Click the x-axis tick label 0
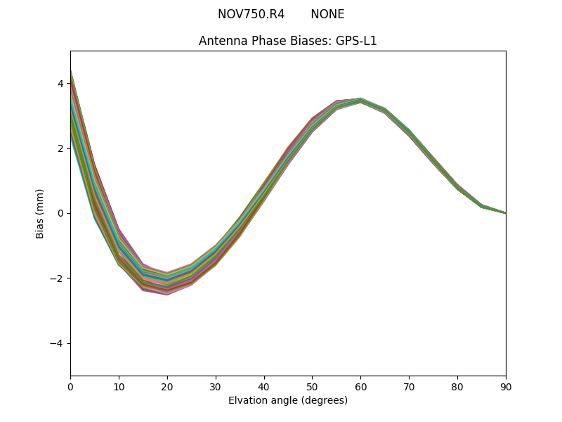click(x=70, y=387)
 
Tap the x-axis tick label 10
click(x=119, y=387)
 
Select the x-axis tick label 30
click(x=216, y=387)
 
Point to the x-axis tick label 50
click(x=312, y=387)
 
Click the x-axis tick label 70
click(x=409, y=387)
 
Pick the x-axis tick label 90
click(x=505, y=387)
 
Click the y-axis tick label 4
click(x=60, y=84)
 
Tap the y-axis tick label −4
click(x=58, y=343)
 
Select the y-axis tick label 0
click(x=60, y=213)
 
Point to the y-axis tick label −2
click(x=58, y=279)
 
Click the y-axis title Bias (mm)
click(x=40, y=213)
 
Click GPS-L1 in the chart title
click(x=357, y=41)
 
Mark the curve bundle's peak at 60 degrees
click(x=360, y=100)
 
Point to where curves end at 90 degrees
click(x=504, y=212)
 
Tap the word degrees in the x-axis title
click(x=322, y=401)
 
